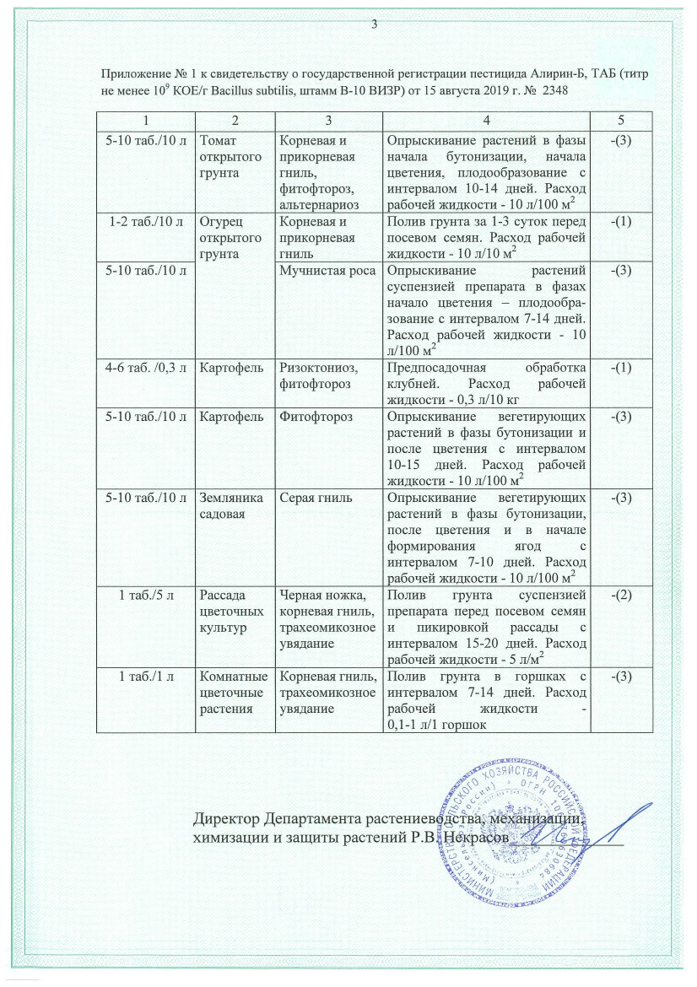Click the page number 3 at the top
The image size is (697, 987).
(x=373, y=24)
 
